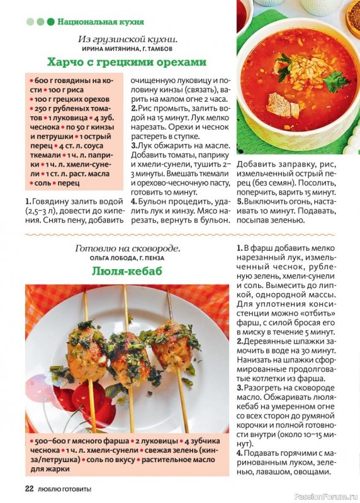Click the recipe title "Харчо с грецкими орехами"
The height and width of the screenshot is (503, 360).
pos(127,62)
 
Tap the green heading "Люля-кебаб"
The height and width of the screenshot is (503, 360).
pos(127,271)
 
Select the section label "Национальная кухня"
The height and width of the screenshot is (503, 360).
pos(101,21)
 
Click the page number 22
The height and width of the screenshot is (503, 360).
pos(29,489)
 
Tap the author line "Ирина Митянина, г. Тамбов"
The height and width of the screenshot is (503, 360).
pos(127,48)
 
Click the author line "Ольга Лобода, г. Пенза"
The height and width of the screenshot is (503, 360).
pos(127,258)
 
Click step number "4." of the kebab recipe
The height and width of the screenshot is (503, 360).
pos(240,453)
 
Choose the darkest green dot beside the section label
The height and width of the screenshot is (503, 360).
pos(50,21)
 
